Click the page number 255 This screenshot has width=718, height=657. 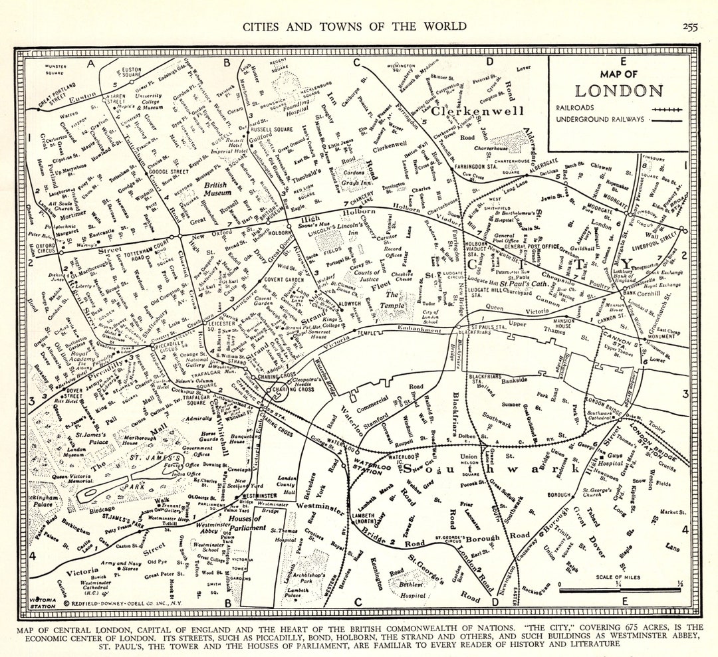690,27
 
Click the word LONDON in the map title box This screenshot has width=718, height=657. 618,92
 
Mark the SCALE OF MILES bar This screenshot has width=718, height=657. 620,588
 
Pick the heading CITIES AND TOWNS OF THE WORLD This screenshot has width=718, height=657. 355,27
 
